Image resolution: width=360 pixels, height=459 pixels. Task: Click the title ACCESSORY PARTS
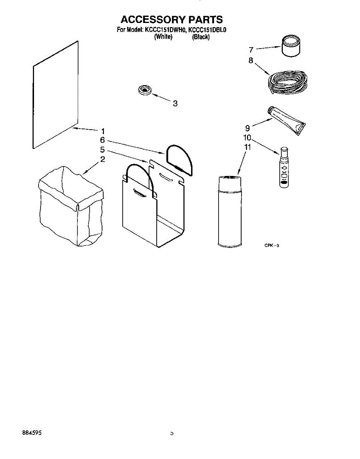172,20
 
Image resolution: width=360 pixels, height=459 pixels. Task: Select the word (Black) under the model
201,37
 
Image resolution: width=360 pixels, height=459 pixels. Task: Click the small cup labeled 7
291,46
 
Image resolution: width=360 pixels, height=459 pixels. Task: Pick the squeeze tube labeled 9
287,120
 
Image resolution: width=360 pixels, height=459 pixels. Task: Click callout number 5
102,150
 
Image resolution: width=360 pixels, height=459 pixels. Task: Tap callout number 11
247,147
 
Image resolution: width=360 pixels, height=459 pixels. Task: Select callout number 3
175,103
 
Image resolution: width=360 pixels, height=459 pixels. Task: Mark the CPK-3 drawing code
272,246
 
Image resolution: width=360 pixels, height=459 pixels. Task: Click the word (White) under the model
163,37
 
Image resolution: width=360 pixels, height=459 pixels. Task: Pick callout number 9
247,128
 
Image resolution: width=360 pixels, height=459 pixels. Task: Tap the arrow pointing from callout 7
268,48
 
